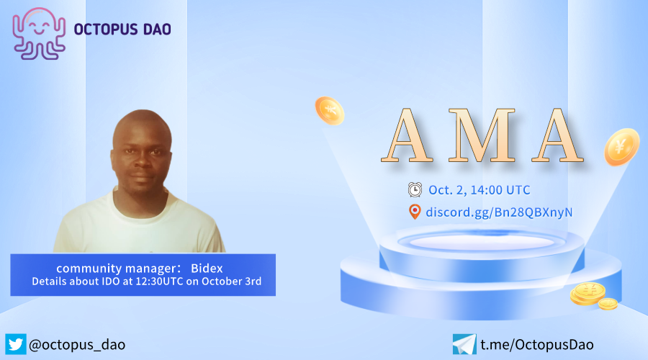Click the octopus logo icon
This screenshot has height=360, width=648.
pyautogui.click(x=39, y=34)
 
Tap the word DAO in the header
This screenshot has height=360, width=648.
pyautogui.click(x=157, y=30)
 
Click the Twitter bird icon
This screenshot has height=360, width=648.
pyautogui.click(x=16, y=344)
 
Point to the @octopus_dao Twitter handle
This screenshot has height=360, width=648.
pyautogui.click(x=77, y=345)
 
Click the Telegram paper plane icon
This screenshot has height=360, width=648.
pyautogui.click(x=464, y=344)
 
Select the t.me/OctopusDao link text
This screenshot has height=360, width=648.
pyautogui.click(x=537, y=345)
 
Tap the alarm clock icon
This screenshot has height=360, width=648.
pyautogui.click(x=415, y=189)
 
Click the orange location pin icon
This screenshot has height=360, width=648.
pyautogui.click(x=415, y=212)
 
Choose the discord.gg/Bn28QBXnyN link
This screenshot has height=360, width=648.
pyautogui.click(x=499, y=212)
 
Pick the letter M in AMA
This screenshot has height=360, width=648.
pyautogui.click(x=482, y=135)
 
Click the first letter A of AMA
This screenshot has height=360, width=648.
pyautogui.click(x=407, y=135)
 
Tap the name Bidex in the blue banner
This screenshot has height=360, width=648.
pyautogui.click(x=207, y=269)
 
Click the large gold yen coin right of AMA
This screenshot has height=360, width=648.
pyautogui.click(x=621, y=147)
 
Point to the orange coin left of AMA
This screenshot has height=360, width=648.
pyautogui.click(x=329, y=111)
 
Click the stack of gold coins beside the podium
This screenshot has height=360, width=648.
pyautogui.click(x=593, y=296)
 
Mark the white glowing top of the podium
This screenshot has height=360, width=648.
pyautogui.click(x=482, y=242)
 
